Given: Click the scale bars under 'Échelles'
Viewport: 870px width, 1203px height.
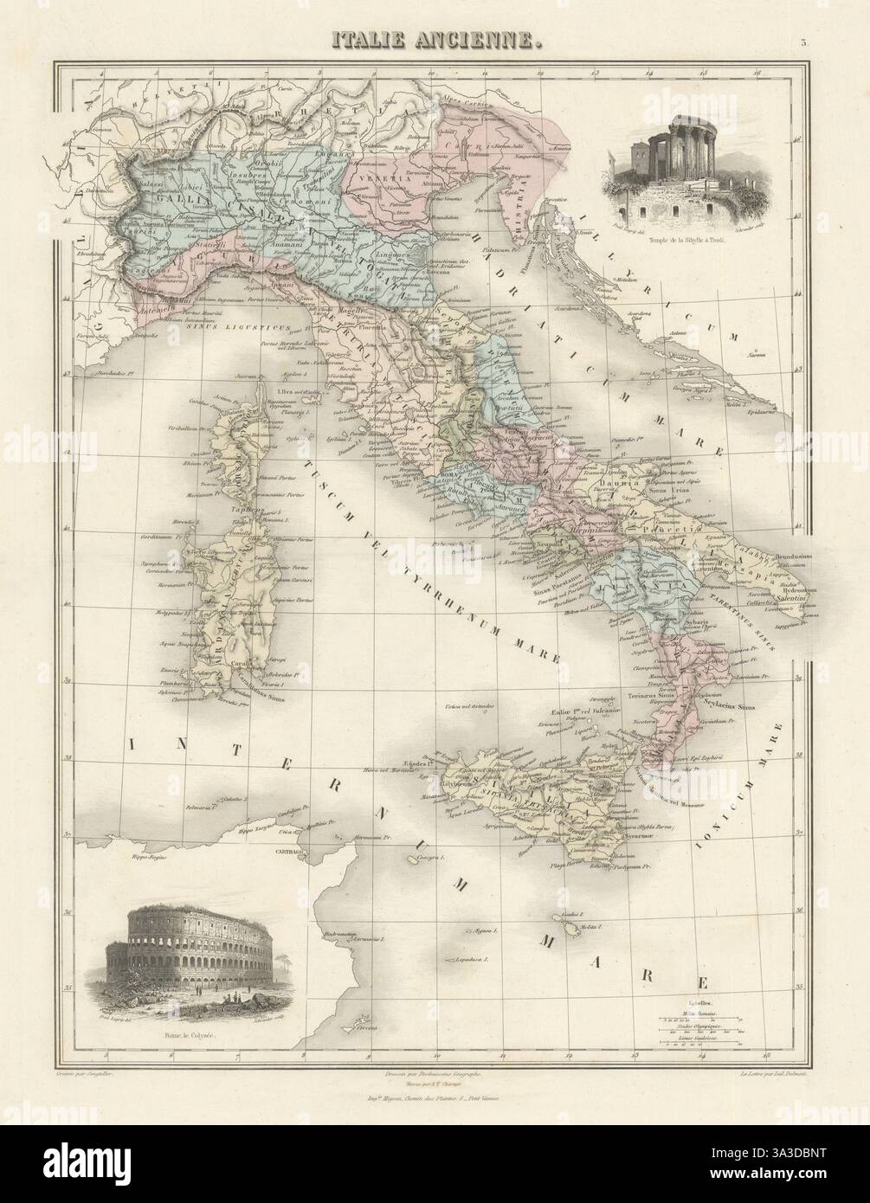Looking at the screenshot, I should (x=701, y=1030).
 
